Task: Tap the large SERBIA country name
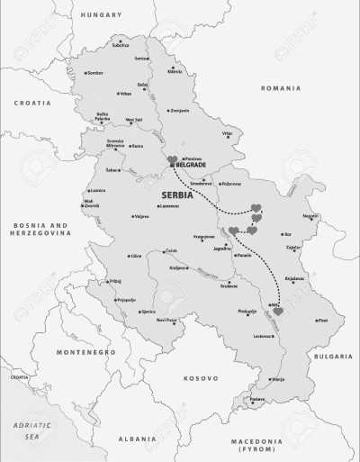181,195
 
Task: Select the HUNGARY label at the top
101,15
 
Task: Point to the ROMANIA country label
280,88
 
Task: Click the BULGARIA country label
332,356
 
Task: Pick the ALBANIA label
136,438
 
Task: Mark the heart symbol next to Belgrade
173,159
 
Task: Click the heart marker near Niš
278,312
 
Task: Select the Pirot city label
323,321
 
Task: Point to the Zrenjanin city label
180,110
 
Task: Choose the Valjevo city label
141,216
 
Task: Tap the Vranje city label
278,379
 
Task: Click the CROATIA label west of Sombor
32,104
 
